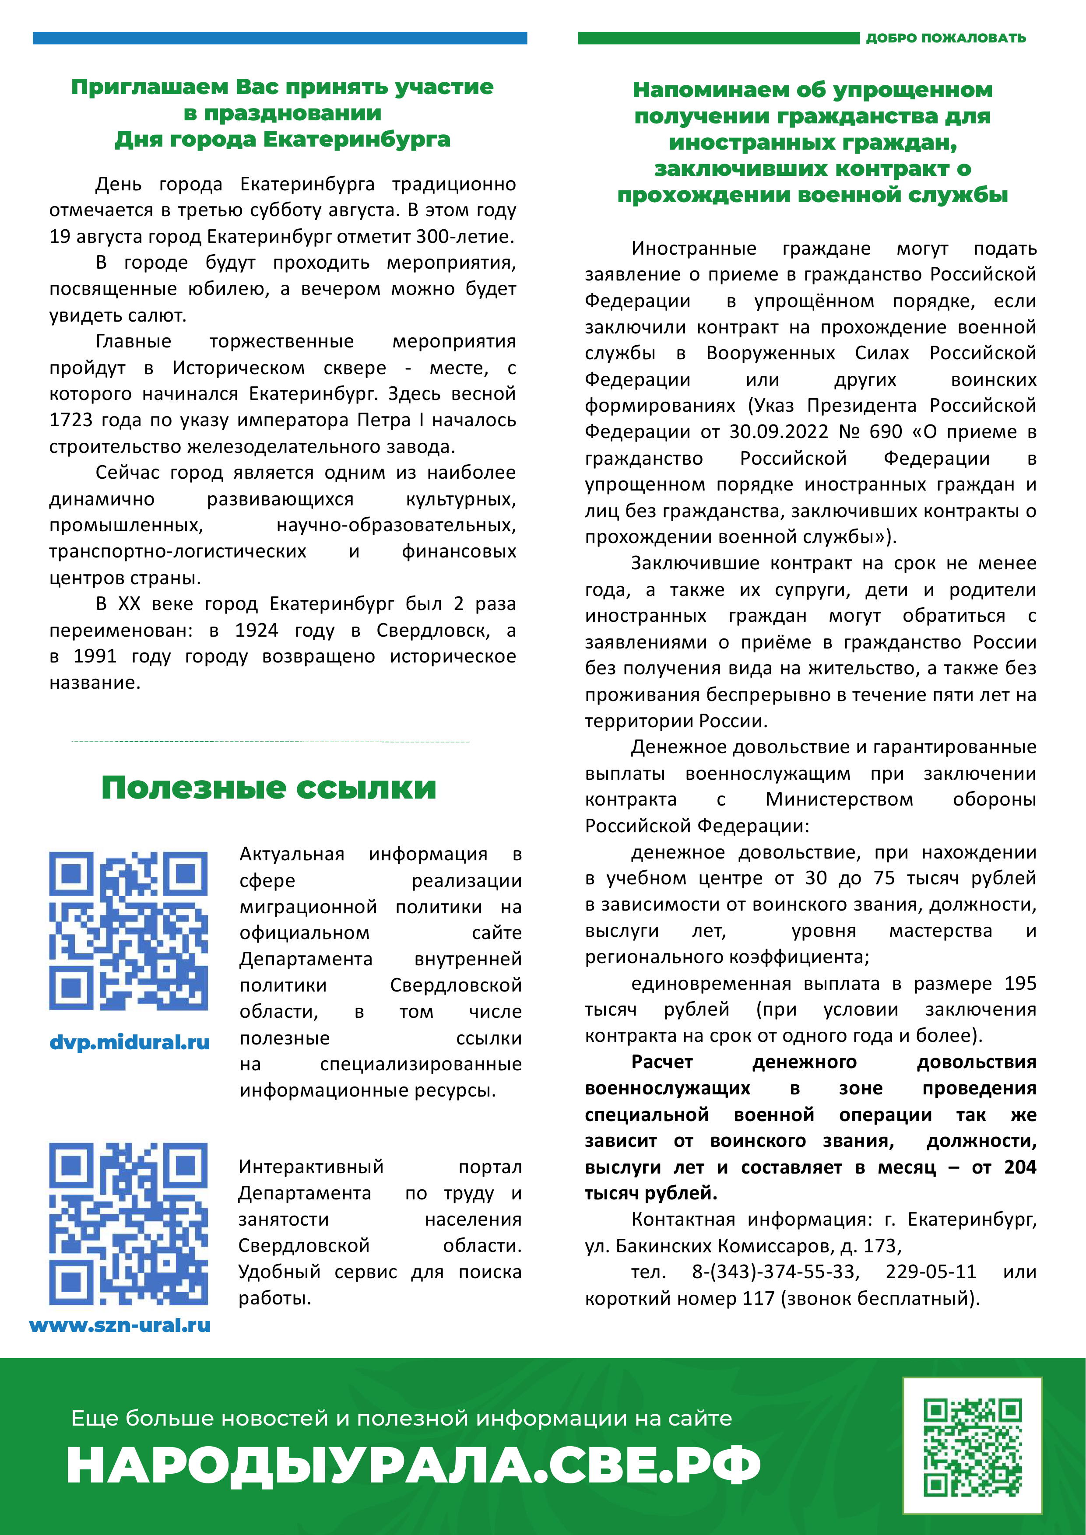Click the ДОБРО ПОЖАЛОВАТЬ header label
[945, 38]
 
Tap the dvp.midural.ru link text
[130, 1042]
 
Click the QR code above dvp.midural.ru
[128, 931]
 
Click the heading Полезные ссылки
[269, 788]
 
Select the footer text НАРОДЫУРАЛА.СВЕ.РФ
[413, 1465]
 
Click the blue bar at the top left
[280, 38]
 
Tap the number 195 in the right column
[1020, 984]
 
